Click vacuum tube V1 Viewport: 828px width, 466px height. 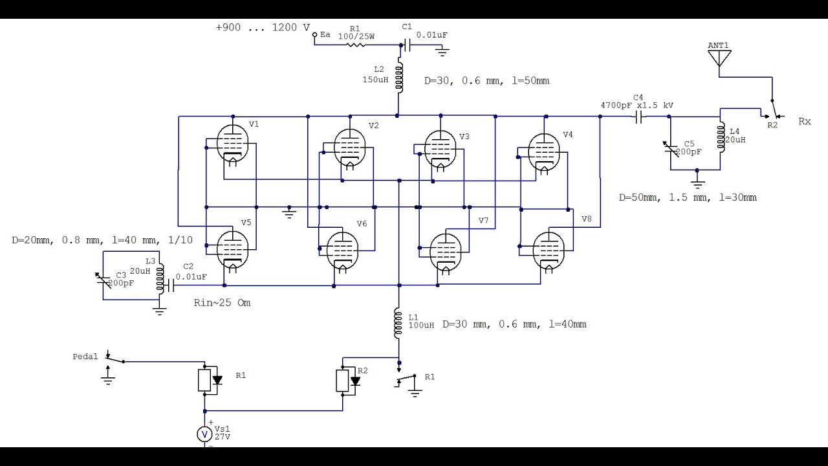[x=232, y=143]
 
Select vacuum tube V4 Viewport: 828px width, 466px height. [x=544, y=152]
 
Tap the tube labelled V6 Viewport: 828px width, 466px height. [x=343, y=250]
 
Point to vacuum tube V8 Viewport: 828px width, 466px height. [x=549, y=250]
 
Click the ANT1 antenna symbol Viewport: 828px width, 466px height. [x=719, y=58]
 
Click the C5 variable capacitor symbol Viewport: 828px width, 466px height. [x=671, y=149]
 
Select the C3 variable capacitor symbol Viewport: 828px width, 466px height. [x=103, y=281]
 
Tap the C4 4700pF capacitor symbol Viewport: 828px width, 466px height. [x=638, y=117]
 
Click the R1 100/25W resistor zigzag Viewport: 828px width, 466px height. [x=355, y=45]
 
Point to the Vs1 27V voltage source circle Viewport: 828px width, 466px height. [x=204, y=434]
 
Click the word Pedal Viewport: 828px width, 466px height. [x=85, y=357]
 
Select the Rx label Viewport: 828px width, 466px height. [x=805, y=121]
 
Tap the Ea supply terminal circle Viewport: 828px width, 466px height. [x=314, y=35]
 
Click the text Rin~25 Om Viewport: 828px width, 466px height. [x=222, y=303]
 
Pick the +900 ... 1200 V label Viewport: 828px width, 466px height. [x=263, y=27]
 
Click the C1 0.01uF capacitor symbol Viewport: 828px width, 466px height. [x=407, y=45]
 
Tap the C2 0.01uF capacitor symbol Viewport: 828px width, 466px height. [x=169, y=285]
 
